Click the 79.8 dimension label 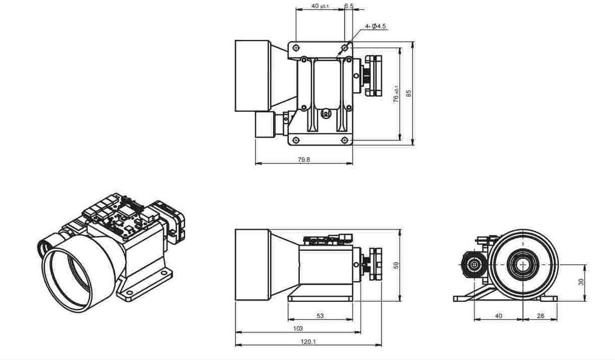coord(304,159)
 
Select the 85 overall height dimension coord(409,93)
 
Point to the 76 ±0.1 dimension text coord(397,94)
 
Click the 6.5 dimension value coord(349,6)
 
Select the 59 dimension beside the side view coord(397,265)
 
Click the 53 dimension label coord(320,316)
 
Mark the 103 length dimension coord(298,329)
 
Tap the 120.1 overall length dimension coord(308,342)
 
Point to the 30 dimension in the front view coord(581,282)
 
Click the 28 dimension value coord(540,316)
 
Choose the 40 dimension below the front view coord(498,316)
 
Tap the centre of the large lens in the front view coord(521,264)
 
